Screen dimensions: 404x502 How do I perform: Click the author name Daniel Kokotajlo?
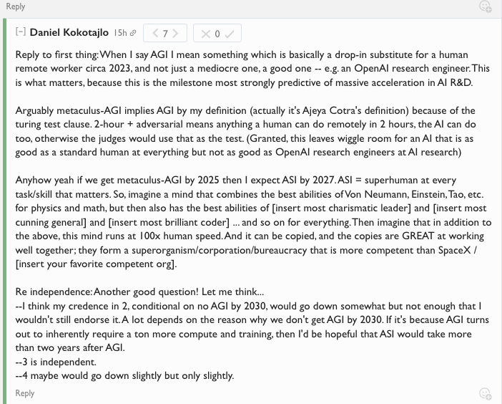click(x=69, y=33)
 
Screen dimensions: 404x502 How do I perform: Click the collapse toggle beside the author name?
click(x=20, y=33)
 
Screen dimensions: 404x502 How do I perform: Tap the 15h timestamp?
click(x=120, y=34)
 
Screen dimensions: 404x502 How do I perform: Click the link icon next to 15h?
click(x=133, y=34)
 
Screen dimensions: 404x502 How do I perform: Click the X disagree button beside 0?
click(x=206, y=34)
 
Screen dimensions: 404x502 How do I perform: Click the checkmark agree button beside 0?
click(x=229, y=34)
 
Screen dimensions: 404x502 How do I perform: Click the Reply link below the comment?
click(x=25, y=393)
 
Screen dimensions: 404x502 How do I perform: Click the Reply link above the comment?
click(x=15, y=6)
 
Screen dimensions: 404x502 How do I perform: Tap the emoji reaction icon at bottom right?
click(x=486, y=393)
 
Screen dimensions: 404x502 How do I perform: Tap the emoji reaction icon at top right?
click(x=486, y=6)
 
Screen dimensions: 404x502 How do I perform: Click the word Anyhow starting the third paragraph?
click(x=32, y=181)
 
